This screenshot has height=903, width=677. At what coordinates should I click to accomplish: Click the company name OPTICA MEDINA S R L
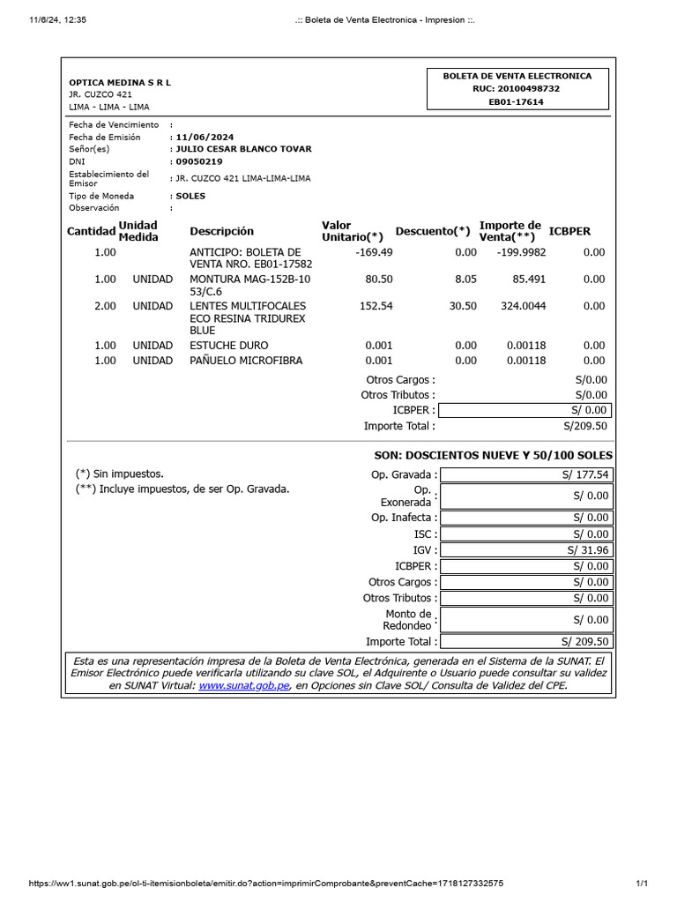point(120,82)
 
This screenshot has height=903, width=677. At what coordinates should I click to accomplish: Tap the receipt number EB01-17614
point(517,101)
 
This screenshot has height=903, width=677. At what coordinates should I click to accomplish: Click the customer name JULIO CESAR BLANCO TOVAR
point(244,149)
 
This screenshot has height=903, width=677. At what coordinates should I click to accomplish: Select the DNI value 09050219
point(199,161)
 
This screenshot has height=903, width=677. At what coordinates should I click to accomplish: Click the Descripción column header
point(221,231)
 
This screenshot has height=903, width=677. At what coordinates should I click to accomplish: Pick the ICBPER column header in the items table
point(569,231)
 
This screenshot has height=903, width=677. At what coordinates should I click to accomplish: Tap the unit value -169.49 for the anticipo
point(373,252)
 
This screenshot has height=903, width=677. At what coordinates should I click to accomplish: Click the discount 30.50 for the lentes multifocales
point(462,306)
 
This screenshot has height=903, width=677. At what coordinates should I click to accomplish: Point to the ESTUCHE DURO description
point(229,346)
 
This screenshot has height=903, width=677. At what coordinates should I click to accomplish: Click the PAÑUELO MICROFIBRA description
point(246,361)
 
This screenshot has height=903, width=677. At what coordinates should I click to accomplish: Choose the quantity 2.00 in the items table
point(105,306)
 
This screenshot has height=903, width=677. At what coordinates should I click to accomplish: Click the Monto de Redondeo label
point(408,620)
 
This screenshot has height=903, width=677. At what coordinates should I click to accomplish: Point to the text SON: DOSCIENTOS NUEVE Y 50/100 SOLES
point(494,455)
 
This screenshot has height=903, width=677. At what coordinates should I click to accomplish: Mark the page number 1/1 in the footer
point(641,883)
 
